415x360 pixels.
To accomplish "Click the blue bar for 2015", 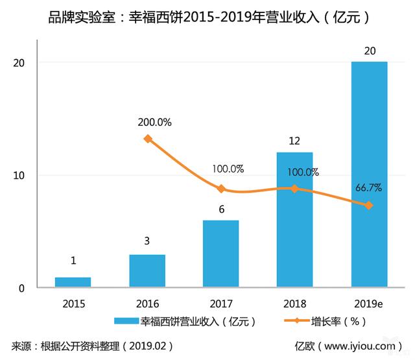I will click(73, 282).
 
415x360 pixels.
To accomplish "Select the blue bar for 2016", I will click(147, 270).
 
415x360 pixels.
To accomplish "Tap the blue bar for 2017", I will click(221, 254).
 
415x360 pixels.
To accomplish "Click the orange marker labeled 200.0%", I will click(148, 138).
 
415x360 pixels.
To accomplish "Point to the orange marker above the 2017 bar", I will click(221, 189).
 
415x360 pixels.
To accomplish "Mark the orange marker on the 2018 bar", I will click(295, 189).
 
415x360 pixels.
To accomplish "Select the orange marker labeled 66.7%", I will click(369, 206).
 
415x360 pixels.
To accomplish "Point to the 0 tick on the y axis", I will click(22, 288).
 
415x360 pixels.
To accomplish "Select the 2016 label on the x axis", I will click(147, 302).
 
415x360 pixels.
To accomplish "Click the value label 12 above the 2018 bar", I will click(295, 139).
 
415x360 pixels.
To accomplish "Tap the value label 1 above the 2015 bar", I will click(73, 261).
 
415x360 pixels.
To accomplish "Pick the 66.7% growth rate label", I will click(368, 188).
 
